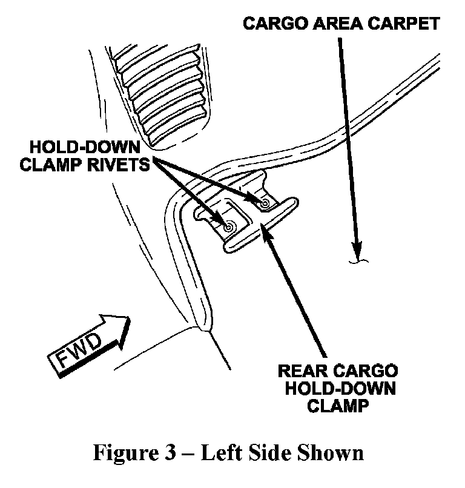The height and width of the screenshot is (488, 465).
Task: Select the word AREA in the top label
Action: pyautogui.click(x=338, y=24)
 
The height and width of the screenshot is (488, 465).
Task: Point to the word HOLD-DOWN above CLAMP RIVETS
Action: pyautogui.click(x=85, y=147)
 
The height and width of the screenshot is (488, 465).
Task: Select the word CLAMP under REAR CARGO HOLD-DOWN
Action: pyautogui.click(x=338, y=406)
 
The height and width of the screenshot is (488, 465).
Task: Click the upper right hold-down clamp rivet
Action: pyautogui.click(x=265, y=203)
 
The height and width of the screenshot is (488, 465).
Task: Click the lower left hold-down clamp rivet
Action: pyautogui.click(x=228, y=228)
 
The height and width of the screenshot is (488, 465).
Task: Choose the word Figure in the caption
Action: pyautogui.click(x=126, y=453)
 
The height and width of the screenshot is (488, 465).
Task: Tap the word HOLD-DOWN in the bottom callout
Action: pyautogui.click(x=340, y=389)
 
